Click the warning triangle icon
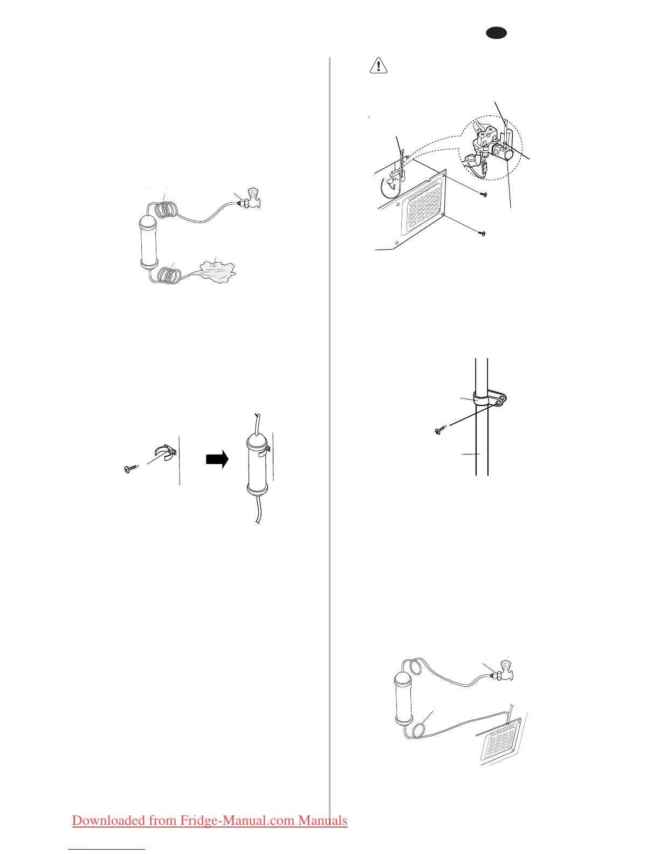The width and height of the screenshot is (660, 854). [x=379, y=66]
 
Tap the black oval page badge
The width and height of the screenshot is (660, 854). [x=496, y=33]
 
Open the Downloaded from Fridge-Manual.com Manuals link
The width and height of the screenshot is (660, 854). [x=210, y=820]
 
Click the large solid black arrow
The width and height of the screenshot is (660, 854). [x=217, y=459]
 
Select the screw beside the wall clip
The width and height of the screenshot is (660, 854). [x=131, y=469]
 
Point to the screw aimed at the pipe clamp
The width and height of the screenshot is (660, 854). [x=440, y=430]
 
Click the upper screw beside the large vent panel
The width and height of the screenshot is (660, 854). [x=483, y=194]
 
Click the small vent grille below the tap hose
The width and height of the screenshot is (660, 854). [x=501, y=742]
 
